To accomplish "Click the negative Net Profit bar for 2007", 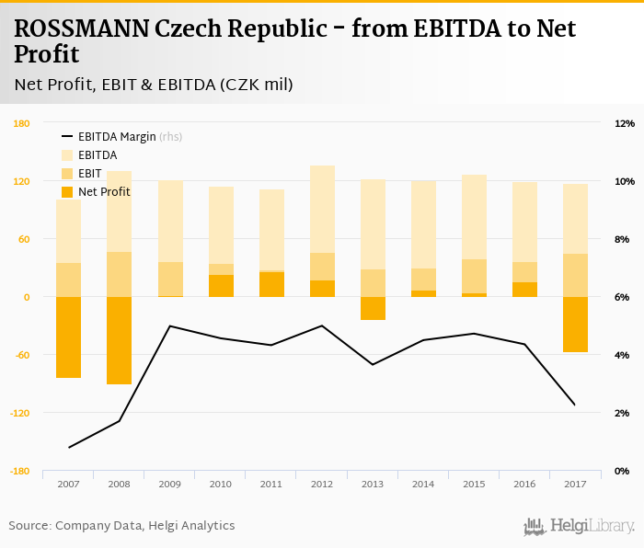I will (68, 337).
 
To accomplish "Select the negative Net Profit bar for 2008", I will (119, 340).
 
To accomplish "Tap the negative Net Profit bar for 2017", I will (575, 324).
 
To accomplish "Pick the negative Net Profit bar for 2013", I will (373, 308).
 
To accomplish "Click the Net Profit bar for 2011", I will (271, 284).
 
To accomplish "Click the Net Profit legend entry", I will (104, 192).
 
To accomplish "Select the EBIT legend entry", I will (89, 174).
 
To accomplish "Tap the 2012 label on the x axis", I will (322, 484).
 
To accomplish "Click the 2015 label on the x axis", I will (474, 484).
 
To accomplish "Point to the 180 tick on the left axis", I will (22, 124).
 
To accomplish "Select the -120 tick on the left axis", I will (20, 413).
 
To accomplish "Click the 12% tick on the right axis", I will (624, 124).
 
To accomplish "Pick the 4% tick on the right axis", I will (622, 355).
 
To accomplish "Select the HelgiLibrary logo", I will (579, 526).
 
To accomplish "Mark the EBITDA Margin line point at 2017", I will (575, 405).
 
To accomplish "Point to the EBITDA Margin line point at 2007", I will (69, 448).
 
